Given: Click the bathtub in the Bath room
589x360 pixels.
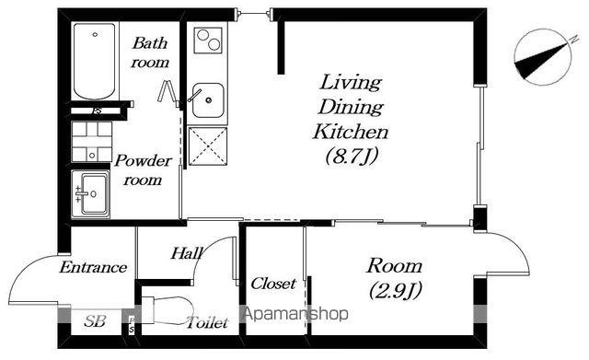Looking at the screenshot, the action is coord(94,61).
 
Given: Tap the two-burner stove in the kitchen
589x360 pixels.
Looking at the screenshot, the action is coord(208,41).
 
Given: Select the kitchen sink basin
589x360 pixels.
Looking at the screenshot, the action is coord(208,100).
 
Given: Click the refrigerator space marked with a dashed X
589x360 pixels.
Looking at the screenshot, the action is coord(208,146).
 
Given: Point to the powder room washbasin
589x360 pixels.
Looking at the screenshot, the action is coord(91,194).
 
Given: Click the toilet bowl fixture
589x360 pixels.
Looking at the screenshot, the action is coord(167,310).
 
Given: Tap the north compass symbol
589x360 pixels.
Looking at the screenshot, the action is coord(543,57).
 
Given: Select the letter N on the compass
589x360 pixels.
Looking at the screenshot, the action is coord(573,39).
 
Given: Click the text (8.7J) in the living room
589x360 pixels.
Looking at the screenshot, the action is coord(352,156).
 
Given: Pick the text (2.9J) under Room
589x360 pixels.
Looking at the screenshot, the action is coord(396,290).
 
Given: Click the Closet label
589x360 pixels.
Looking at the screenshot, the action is coord(273,284).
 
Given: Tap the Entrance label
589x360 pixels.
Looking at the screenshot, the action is coord(94,267).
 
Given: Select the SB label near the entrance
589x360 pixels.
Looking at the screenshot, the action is coord(95,321).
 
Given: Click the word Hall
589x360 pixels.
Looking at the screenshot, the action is coord(187,253).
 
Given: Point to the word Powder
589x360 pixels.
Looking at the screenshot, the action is coord(144,161).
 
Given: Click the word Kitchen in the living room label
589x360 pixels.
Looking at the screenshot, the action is coord(351,132).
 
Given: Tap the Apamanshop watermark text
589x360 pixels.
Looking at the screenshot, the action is coord(296,314).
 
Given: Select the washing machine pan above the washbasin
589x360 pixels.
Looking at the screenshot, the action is coord(92,141).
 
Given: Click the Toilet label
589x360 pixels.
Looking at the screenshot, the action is coord(208,322).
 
